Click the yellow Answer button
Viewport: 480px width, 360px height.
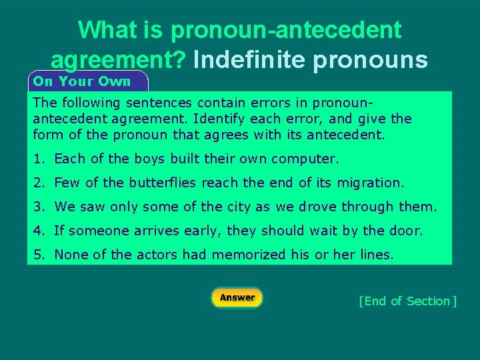coord(237,298)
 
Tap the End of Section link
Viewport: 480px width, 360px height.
coord(407,301)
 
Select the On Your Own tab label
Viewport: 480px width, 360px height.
coord(82,81)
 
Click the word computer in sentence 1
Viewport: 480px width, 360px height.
coord(309,159)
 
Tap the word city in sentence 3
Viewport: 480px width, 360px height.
coord(238,207)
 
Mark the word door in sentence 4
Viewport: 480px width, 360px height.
coord(407,231)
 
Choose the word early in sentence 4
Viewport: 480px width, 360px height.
coord(203,231)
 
